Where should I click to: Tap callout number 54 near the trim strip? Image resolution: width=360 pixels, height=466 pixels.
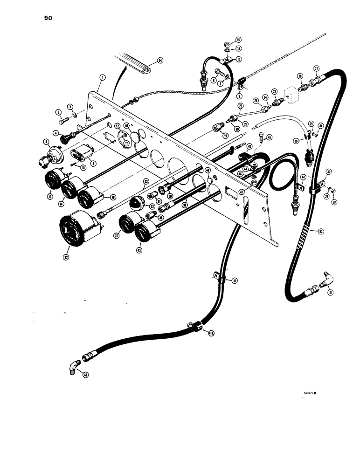pos(160,61)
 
